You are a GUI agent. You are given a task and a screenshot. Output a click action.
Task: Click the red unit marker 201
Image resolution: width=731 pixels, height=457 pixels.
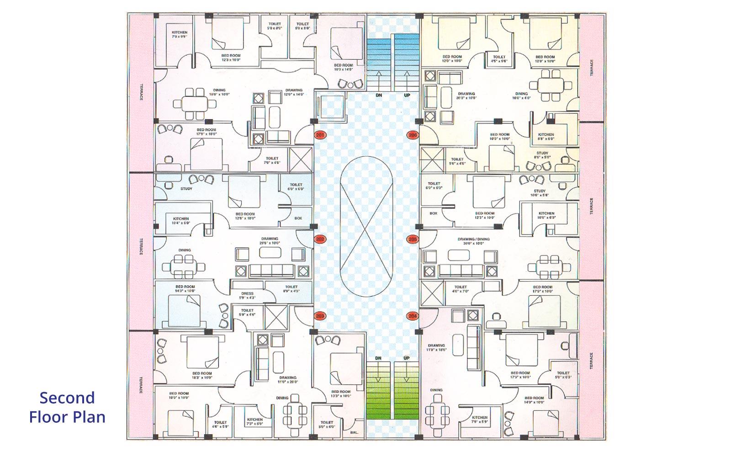coord(320,135)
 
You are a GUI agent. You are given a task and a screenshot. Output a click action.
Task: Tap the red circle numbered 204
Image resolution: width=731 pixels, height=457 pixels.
coord(413,316)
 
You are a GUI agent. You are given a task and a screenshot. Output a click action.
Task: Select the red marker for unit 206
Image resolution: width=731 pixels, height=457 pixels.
coord(413,135)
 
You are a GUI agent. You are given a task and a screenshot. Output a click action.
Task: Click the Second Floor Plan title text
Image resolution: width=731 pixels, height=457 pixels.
coord(67,407)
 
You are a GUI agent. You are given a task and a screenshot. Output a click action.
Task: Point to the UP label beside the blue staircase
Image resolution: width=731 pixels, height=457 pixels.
coord(407,96)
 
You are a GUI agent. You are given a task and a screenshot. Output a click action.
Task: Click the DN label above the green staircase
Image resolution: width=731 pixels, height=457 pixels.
coord(378,358)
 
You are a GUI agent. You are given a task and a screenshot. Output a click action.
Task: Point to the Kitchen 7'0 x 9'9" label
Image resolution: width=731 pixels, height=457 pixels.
coord(180,34)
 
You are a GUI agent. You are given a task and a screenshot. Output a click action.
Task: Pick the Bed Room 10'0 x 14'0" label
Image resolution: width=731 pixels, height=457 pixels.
coord(343,67)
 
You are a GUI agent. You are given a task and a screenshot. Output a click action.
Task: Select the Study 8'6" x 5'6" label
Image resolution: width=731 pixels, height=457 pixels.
coord(542,155)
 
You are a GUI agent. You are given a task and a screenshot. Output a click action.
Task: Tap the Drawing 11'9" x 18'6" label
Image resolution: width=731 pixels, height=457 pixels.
coord(436,347)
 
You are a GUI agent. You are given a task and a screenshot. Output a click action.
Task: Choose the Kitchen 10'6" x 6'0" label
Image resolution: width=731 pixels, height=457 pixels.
coord(546,215)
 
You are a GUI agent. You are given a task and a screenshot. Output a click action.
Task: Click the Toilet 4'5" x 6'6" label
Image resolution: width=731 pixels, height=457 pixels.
coord(499,59)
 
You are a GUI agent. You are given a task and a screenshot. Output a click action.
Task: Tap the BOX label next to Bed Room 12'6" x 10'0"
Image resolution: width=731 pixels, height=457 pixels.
coord(298,218)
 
